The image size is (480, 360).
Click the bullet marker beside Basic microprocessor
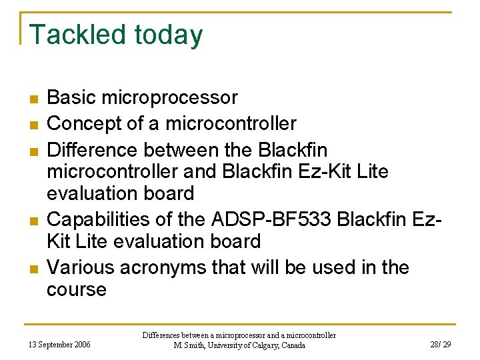click(x=33, y=99)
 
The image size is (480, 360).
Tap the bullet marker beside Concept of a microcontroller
click(x=33, y=124)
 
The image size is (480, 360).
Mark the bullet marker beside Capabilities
click(x=33, y=220)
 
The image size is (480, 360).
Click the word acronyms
click(x=167, y=267)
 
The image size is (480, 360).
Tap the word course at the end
click(x=76, y=290)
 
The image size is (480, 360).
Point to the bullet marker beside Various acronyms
click(x=33, y=268)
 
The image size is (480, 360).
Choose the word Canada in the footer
click(x=292, y=345)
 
